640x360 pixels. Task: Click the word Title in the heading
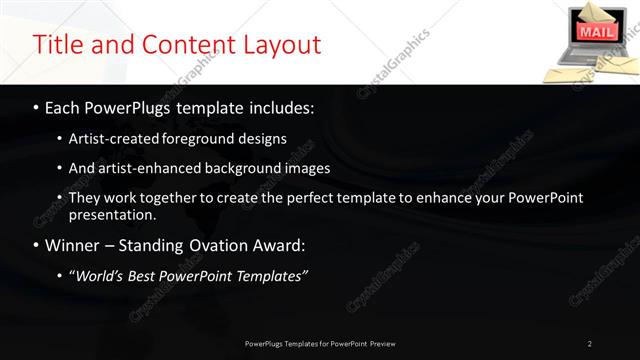point(58,45)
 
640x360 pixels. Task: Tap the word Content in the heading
point(183,45)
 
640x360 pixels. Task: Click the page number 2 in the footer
point(590,344)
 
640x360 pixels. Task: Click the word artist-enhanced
point(136,168)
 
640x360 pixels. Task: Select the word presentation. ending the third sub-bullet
point(112,214)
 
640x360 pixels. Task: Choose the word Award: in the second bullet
point(277,245)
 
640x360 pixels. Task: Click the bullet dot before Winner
point(37,245)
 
